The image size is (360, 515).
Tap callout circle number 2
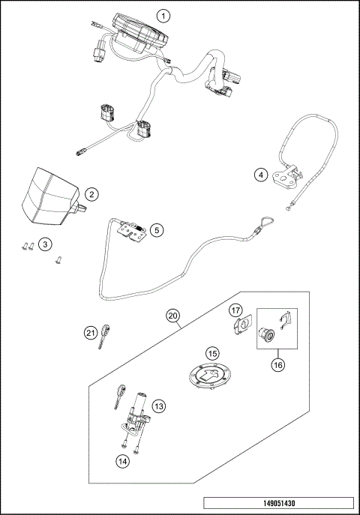(x=90, y=194)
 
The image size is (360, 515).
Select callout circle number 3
(x=46, y=244)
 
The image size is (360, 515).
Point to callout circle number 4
(x=260, y=175)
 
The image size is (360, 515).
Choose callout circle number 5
(x=156, y=230)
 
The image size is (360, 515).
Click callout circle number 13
(x=158, y=406)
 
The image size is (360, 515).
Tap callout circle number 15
(x=212, y=352)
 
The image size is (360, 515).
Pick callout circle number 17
(x=235, y=310)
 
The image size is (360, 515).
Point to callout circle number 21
(x=91, y=333)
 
